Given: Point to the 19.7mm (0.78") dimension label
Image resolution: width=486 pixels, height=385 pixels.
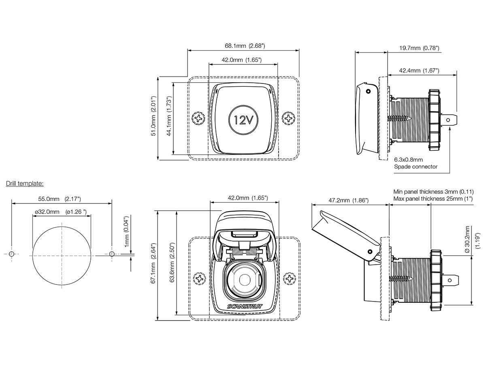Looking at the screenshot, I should pyautogui.click(x=419, y=48).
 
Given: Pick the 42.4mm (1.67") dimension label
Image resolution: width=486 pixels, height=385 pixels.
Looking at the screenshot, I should pyautogui.click(x=419, y=71).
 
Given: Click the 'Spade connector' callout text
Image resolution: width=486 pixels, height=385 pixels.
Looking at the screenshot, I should pyautogui.click(x=416, y=167).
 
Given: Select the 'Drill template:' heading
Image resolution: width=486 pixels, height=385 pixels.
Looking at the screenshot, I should pyautogui.click(x=24, y=184).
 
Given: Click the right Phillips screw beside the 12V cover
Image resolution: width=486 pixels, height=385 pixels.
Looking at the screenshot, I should pyautogui.click(x=289, y=118).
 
